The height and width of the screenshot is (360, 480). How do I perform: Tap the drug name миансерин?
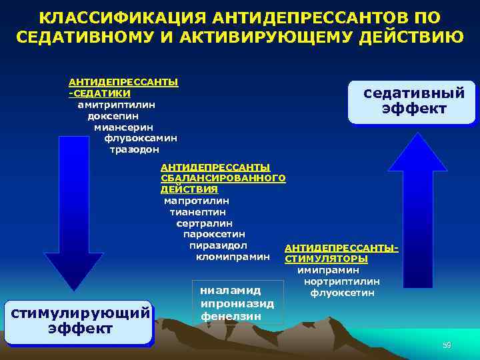pos(123,127)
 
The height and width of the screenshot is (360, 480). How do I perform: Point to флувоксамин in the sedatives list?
pos(141,138)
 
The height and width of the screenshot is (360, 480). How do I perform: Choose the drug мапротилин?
pos(197,201)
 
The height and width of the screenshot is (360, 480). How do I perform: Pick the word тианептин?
pos(198,212)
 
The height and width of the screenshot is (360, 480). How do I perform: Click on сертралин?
pos(204,223)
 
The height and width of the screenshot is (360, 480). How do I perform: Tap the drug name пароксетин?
pos(214,234)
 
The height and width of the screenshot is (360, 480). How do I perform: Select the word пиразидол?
pos(218,245)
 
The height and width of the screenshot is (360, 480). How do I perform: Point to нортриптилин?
pos(341,281)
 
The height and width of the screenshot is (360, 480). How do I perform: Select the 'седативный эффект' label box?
pos(414,101)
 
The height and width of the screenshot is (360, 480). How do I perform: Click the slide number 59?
pos(447,345)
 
